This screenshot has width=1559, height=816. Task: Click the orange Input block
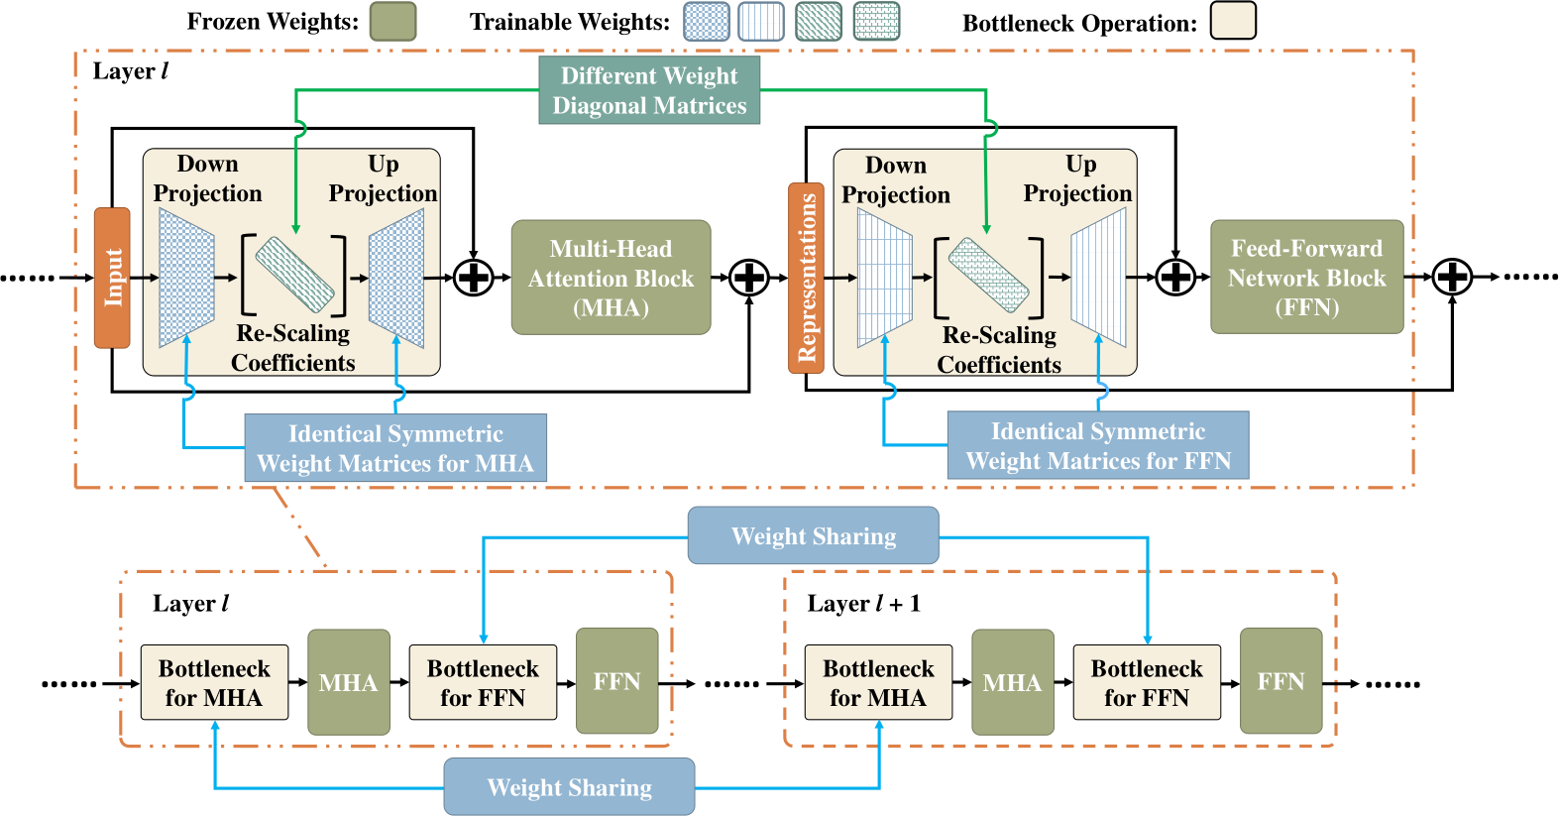(112, 278)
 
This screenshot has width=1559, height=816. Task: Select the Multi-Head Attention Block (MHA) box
(611, 278)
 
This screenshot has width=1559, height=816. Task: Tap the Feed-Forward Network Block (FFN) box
(1306, 277)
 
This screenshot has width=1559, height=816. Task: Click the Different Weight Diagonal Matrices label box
(649, 90)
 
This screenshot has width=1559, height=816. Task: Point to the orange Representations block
(806, 278)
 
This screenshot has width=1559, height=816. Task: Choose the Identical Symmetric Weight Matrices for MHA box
(395, 448)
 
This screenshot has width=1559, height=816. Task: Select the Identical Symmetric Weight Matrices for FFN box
(1098, 446)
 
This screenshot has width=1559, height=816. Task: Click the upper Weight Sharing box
(813, 535)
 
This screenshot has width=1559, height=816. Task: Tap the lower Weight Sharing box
(569, 787)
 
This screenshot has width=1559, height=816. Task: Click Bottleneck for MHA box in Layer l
(214, 683)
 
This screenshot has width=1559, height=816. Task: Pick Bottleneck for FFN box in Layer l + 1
(1147, 683)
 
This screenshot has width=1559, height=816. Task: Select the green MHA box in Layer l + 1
(1012, 682)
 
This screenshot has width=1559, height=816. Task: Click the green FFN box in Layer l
(616, 681)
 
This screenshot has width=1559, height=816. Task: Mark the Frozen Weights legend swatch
(392, 21)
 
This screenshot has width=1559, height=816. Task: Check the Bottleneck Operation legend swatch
(1233, 21)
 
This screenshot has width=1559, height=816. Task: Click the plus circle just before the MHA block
(474, 278)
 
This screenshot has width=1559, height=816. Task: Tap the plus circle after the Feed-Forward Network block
(1452, 277)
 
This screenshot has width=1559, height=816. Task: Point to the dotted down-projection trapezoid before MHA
(186, 278)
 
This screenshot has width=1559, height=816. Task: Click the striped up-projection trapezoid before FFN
(1098, 278)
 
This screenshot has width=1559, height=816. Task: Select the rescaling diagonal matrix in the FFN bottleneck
(988, 277)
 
